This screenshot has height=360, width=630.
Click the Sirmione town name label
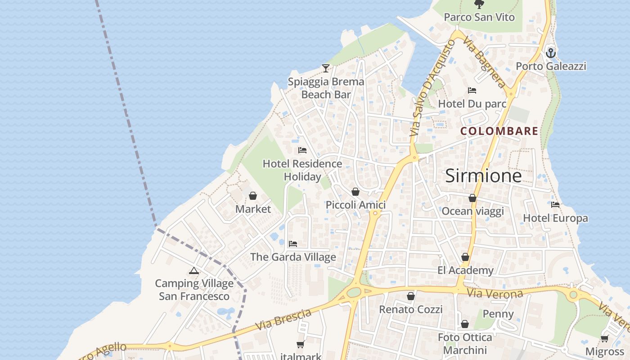click(483, 176)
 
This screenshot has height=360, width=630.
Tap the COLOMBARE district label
click(499, 131)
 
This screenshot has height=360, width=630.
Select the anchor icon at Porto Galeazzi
click(550, 53)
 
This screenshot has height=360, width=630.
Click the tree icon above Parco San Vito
click(479, 4)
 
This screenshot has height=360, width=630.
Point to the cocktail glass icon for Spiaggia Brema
click(326, 68)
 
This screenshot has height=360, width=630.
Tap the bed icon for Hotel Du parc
click(472, 90)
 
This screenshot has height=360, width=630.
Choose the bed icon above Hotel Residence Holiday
click(302, 150)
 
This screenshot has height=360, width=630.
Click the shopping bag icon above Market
click(253, 196)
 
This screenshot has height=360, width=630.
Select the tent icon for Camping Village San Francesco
click(194, 270)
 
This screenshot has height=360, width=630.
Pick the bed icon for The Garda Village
click(293, 244)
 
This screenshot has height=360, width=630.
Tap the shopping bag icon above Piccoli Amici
click(355, 192)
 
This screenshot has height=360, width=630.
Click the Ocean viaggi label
click(472, 211)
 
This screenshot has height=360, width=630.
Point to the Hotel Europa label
click(555, 218)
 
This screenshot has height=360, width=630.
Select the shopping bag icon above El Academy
click(465, 257)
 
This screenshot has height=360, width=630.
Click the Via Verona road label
click(495, 294)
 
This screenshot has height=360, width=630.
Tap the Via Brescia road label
click(283, 320)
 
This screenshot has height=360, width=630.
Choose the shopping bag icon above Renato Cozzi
click(410, 296)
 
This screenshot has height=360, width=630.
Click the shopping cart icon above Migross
click(605, 338)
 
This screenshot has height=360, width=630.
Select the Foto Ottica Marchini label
click(465, 343)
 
